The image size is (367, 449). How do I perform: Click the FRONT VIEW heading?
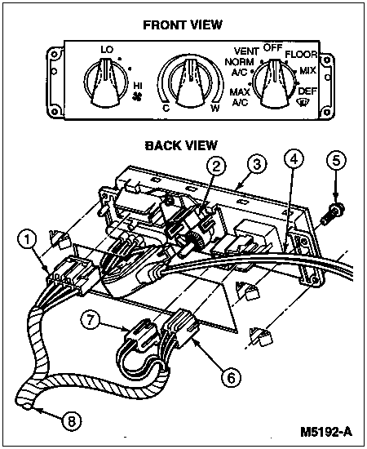[x=183, y=25]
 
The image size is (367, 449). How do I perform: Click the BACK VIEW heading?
[x=181, y=145]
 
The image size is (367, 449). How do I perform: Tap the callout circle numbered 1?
[x=27, y=240]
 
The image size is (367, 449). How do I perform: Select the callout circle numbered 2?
[x=216, y=166]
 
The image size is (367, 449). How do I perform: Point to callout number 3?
[x=257, y=164]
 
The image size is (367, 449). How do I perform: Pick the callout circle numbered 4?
[x=294, y=158]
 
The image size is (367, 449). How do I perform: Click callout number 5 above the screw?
[x=336, y=160]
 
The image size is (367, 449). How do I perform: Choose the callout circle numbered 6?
[x=231, y=377]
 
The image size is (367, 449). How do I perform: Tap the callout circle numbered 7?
[x=90, y=319]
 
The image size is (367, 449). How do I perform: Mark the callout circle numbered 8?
[x=71, y=421]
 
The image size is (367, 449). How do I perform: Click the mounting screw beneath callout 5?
[x=333, y=214]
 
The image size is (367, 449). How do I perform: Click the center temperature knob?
[x=190, y=82]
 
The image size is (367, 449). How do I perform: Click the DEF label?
[x=307, y=91]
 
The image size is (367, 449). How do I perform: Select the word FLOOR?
[x=301, y=54]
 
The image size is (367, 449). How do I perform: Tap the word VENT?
[x=246, y=51]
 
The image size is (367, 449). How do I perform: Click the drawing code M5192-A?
[x=326, y=432]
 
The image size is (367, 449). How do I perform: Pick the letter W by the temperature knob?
[x=215, y=109]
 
